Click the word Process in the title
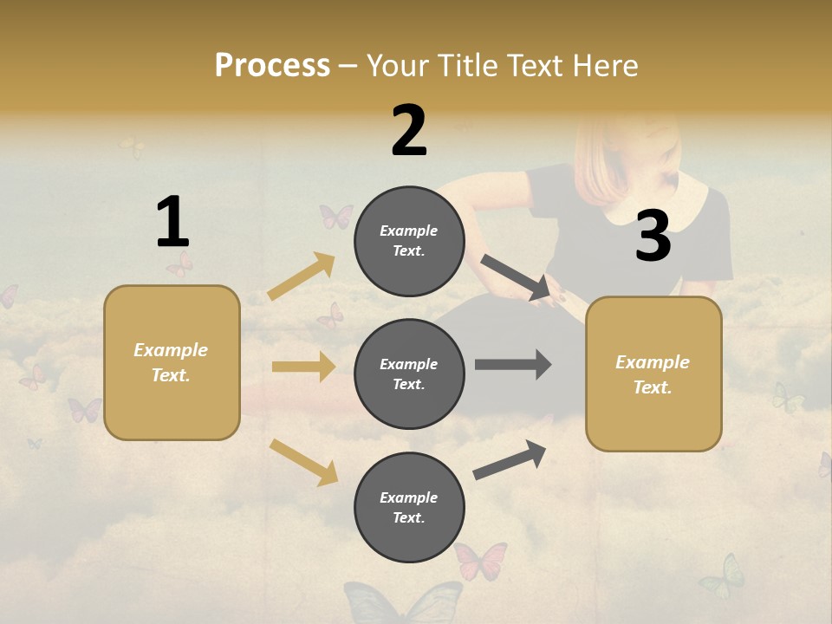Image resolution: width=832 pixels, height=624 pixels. [x=272, y=66]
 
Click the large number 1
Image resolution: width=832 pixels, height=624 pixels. [x=172, y=223]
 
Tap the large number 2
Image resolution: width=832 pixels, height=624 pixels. [x=409, y=131]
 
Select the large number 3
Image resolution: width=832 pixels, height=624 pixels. [x=653, y=237]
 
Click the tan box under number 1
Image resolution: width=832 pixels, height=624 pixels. [x=172, y=362]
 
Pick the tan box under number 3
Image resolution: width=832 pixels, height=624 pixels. [x=653, y=374]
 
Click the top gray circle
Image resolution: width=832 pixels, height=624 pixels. [x=409, y=241]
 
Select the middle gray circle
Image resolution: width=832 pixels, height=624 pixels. [x=409, y=374]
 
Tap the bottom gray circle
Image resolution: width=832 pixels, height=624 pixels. [x=409, y=507]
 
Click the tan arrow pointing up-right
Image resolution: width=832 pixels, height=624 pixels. [x=302, y=276]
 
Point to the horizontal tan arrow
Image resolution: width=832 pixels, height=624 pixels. [x=303, y=367]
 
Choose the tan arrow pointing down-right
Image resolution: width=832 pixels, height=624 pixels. [x=303, y=462]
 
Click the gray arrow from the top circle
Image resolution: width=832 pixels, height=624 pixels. [x=516, y=278]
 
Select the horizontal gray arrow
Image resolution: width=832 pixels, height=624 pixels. [x=513, y=365]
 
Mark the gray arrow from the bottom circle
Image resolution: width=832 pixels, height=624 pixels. [x=510, y=459]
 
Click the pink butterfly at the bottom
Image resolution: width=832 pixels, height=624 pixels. [x=479, y=561]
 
